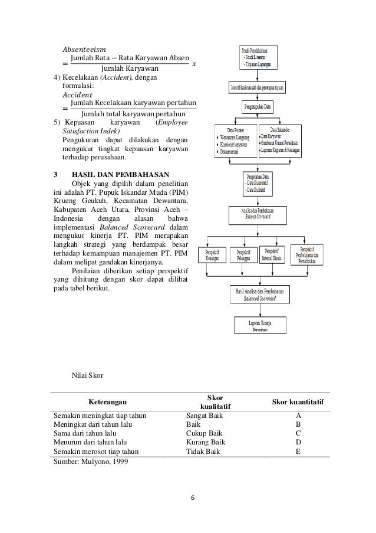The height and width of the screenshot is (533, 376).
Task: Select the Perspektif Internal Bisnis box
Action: click(276, 256)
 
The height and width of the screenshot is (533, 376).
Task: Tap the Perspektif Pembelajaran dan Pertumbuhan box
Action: click(312, 256)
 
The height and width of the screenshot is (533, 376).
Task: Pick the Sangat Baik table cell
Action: click(205, 416)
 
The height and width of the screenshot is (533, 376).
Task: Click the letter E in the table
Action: click(298, 451)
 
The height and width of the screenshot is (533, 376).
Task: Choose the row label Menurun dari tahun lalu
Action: click(91, 442)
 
